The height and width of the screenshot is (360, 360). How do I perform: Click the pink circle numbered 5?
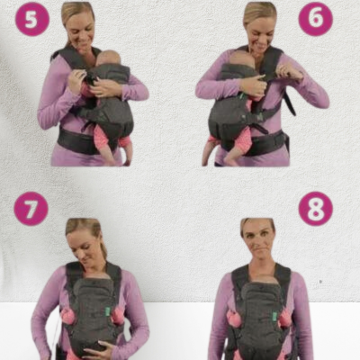pos(31,19)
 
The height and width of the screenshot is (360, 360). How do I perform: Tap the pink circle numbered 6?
pos(316,19)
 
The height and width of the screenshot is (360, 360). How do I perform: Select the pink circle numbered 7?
pos(31,209)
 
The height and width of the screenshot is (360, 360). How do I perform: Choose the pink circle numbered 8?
pos(316,209)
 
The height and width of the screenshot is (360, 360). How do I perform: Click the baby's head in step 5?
pos(108,58)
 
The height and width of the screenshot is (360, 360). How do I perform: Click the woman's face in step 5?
pos(80,30)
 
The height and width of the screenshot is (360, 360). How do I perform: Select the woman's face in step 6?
pos(260,30)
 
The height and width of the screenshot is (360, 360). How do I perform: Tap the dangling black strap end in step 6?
pos(290,103)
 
